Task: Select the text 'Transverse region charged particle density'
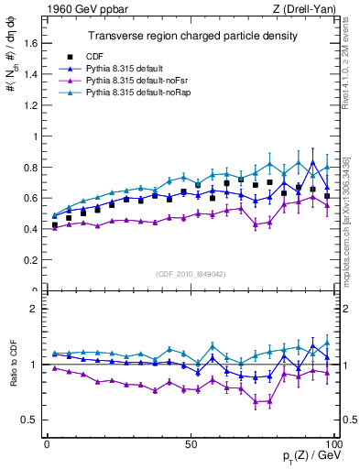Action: tap(191, 36)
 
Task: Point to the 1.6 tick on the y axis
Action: tap(31, 43)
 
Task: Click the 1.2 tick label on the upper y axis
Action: tap(31, 105)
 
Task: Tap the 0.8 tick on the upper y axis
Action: tap(31, 168)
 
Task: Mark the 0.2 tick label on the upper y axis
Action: tap(31, 261)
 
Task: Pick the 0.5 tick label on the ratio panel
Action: tap(31, 420)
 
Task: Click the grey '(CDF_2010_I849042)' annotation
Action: tap(191, 273)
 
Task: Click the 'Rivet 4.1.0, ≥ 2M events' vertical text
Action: tap(351, 70)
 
